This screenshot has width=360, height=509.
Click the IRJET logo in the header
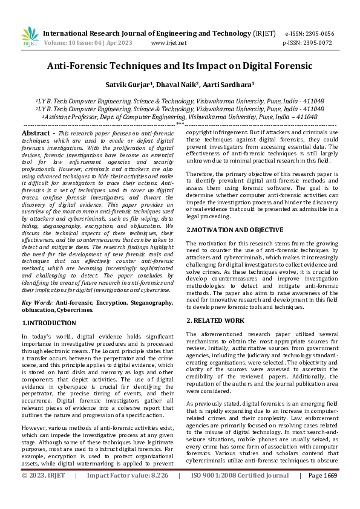coord(30,37)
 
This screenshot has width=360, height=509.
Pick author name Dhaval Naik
coord(177,85)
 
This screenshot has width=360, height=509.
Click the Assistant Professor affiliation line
coord(180,117)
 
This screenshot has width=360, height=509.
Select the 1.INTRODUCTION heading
coord(49,323)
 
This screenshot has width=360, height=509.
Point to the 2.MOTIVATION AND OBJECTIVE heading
coord(235,230)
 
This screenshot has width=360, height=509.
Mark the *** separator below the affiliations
coord(180,124)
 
